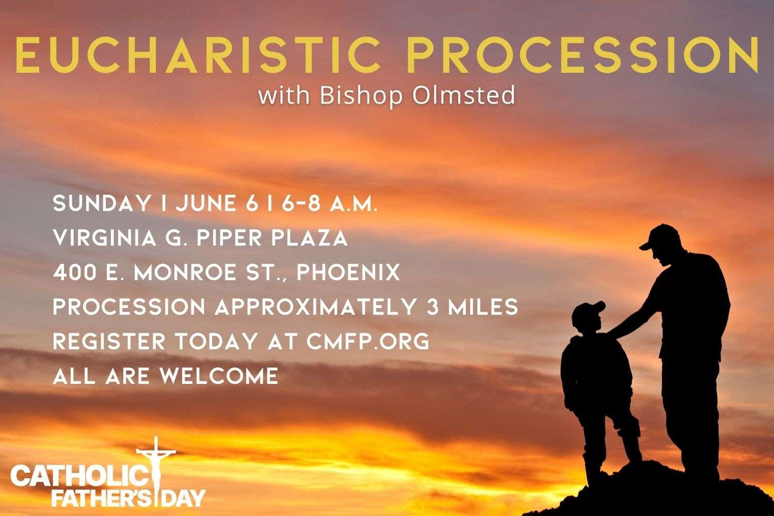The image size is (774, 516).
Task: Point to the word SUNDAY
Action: tap(101, 203)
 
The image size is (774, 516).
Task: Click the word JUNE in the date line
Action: tap(206, 203)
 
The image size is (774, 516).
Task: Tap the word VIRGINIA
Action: tap(104, 238)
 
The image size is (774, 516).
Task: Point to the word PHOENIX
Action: tap(348, 272)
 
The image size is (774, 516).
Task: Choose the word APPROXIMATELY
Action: tap(315, 307)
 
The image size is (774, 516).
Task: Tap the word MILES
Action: tap(483, 307)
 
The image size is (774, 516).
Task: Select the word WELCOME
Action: tap(219, 376)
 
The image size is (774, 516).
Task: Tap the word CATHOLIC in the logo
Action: tap(79, 475)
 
